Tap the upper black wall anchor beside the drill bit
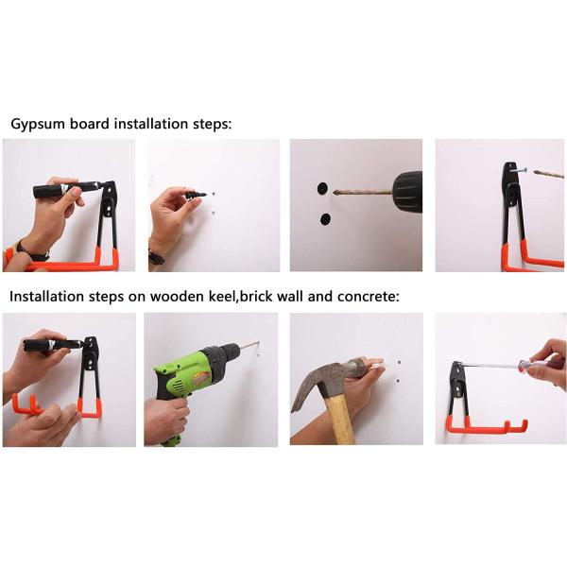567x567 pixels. pos(322,188)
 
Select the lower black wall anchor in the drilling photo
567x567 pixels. pos(325,219)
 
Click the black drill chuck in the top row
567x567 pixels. pos(407,191)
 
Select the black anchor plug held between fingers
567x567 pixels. pos(195,194)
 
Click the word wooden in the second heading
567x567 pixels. pos(177,296)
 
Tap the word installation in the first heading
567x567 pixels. pos(150,124)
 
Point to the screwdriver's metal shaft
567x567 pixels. pos(490,365)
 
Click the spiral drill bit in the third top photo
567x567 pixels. pos(362,192)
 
